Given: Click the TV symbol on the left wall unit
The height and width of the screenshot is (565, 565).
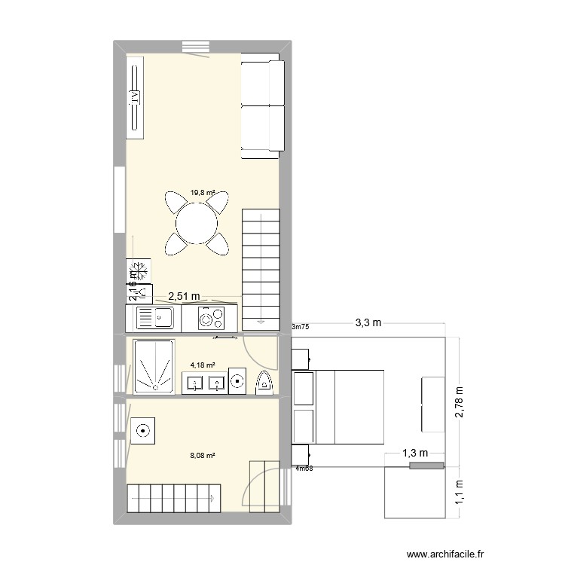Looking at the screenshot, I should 135,96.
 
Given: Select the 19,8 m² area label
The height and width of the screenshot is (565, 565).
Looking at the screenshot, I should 202,193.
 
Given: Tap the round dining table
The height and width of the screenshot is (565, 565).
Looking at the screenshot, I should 197,223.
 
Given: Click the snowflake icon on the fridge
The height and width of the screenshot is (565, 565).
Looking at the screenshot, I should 139,269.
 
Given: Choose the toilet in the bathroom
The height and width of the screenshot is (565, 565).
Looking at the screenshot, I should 265,383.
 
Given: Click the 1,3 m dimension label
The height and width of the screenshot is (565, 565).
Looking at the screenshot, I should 414,453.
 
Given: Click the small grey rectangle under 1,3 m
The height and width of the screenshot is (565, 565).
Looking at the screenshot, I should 426,466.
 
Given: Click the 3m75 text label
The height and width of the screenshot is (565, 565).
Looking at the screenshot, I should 300,328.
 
